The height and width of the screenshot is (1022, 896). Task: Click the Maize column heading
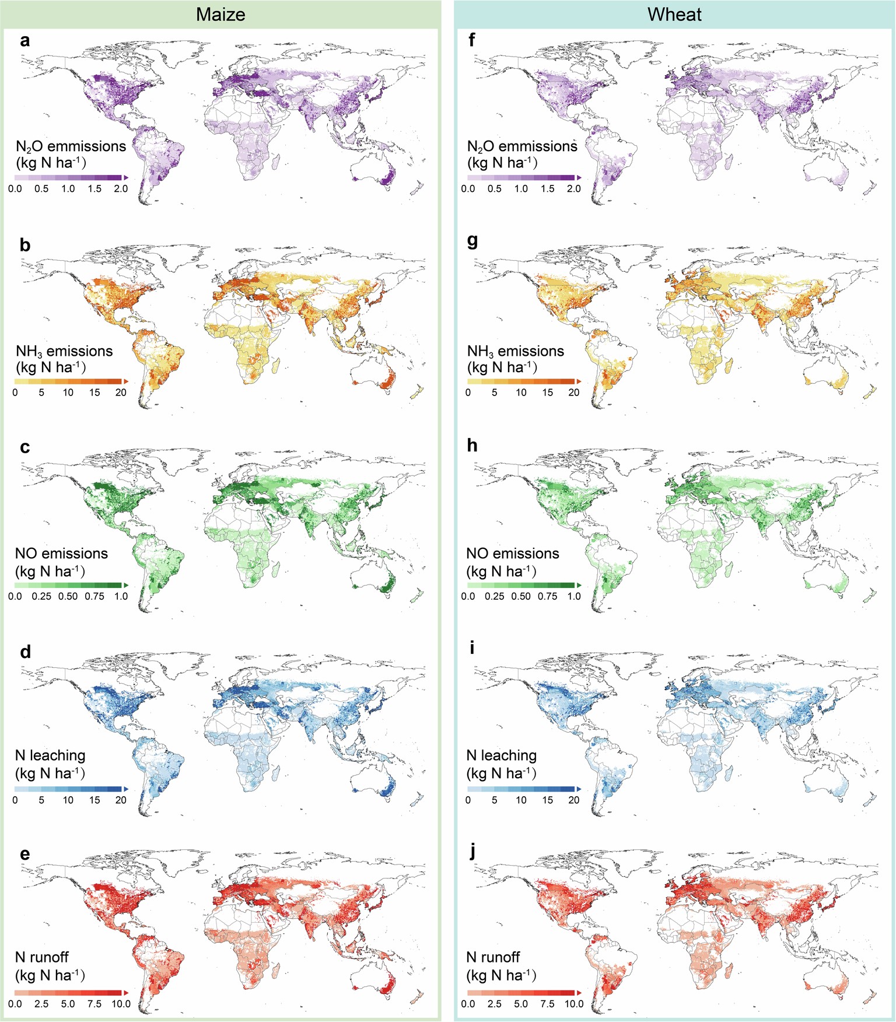pos(220,14)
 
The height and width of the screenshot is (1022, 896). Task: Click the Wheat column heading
pos(674,14)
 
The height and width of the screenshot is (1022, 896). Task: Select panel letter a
pos(24,41)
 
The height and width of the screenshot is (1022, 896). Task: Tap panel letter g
pos(473,242)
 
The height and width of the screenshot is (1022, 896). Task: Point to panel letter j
pos(473,852)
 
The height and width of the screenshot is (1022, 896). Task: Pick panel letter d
pos(25,652)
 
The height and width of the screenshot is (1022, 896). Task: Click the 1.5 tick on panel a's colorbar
pos(94,189)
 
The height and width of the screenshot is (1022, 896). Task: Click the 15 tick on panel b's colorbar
pos(94,393)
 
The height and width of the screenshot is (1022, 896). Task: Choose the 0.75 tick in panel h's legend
pos(547,596)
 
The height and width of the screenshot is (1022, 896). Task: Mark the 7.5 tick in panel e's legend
pos(94,1004)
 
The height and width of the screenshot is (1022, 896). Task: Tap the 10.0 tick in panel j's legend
pos(573,1004)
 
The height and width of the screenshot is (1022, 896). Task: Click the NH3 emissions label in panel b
pos(64,352)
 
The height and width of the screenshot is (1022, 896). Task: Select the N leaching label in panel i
pos(502,755)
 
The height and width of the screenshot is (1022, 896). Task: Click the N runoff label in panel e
pos(42,957)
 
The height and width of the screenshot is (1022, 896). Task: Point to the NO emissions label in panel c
pos(61,554)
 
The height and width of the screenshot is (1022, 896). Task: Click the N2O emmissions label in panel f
pos(522,146)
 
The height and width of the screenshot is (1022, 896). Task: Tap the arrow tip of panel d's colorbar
pos(125,789)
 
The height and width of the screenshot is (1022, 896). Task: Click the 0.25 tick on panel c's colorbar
pos(41,596)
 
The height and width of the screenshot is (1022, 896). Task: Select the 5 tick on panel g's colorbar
pos(494,393)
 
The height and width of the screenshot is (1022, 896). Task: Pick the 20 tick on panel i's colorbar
pos(573,800)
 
